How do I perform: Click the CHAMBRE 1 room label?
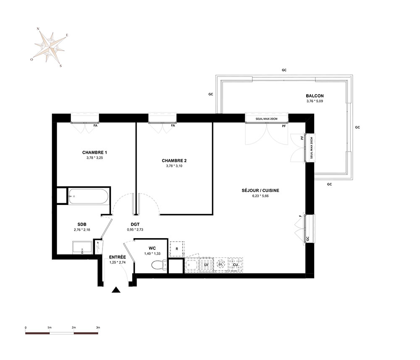(94, 152)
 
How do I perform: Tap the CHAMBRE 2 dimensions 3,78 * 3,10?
(174, 166)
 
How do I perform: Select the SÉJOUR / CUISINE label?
(260, 190)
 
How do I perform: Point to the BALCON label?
(315, 96)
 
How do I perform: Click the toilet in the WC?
(159, 265)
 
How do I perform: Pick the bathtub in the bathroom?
(88, 196)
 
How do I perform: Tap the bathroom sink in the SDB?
(82, 248)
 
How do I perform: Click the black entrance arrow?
(116, 289)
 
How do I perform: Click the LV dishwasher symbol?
(206, 265)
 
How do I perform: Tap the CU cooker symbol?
(236, 265)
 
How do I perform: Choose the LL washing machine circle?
(221, 264)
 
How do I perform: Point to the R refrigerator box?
(177, 249)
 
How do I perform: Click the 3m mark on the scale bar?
(98, 327)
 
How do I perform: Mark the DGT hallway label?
(135, 224)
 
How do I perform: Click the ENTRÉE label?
(117, 257)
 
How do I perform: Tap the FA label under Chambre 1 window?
(95, 125)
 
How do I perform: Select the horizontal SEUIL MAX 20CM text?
(266, 118)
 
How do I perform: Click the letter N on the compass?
(38, 29)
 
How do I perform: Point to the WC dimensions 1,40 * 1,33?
(152, 253)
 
